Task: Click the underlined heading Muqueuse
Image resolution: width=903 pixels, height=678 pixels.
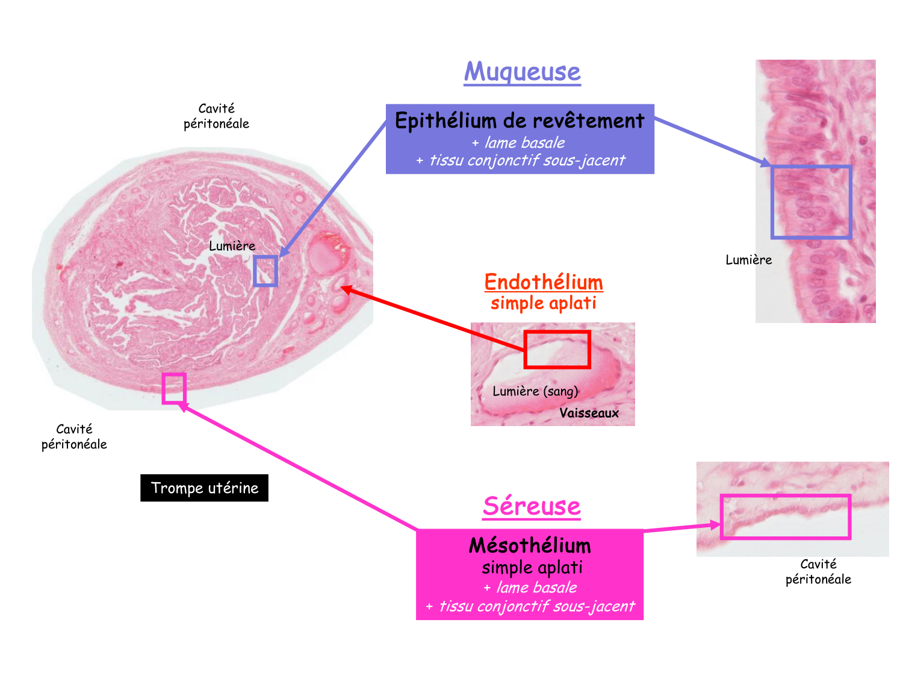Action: coord(522,72)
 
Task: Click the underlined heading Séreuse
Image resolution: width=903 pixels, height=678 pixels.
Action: coord(532,506)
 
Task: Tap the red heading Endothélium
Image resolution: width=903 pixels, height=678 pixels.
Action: coord(544,282)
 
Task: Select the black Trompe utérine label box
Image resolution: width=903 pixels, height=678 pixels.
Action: coord(205,488)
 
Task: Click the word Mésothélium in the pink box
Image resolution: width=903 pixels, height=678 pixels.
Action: coord(530,545)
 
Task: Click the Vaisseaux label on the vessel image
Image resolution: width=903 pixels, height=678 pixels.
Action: coord(589,413)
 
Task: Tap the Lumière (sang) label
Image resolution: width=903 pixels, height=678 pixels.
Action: coord(535,391)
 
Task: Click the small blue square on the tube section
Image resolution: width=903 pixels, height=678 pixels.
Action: coord(265,271)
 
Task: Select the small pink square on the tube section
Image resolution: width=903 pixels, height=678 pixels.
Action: coord(174,388)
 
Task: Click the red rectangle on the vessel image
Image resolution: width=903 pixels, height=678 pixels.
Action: coord(557,349)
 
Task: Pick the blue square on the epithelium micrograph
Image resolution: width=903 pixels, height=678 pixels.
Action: coord(811,202)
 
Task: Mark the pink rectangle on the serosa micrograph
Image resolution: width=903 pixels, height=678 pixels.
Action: coord(785,516)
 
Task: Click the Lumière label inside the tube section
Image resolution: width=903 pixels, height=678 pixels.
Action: coord(232,246)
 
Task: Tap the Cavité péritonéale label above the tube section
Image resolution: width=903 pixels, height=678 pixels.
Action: coord(216,116)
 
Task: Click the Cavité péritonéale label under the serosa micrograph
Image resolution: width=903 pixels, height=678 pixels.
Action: coord(818,571)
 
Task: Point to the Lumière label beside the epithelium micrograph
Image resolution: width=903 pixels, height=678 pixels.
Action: coord(748,260)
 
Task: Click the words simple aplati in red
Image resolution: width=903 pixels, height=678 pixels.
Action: coord(543,303)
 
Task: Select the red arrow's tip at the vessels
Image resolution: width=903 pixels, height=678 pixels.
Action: coord(343,288)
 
